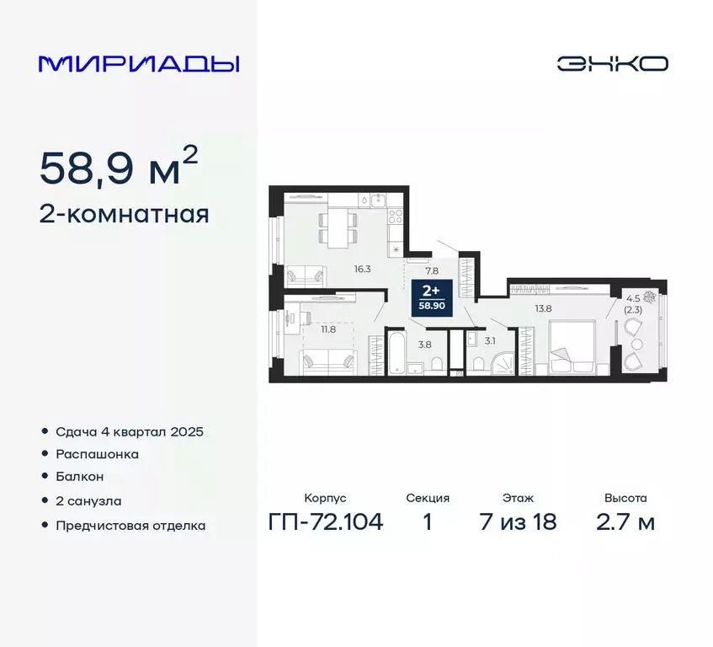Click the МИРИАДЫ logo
pos(139,64)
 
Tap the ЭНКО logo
pos(612,64)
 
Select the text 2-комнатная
pos(124,214)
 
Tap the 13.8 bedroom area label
pos(543,308)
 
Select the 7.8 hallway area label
pos(432,270)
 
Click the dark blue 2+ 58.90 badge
pos(434,297)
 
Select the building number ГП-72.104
pos(326,522)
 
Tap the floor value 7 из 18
pos(518,522)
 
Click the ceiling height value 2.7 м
pos(625,522)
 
